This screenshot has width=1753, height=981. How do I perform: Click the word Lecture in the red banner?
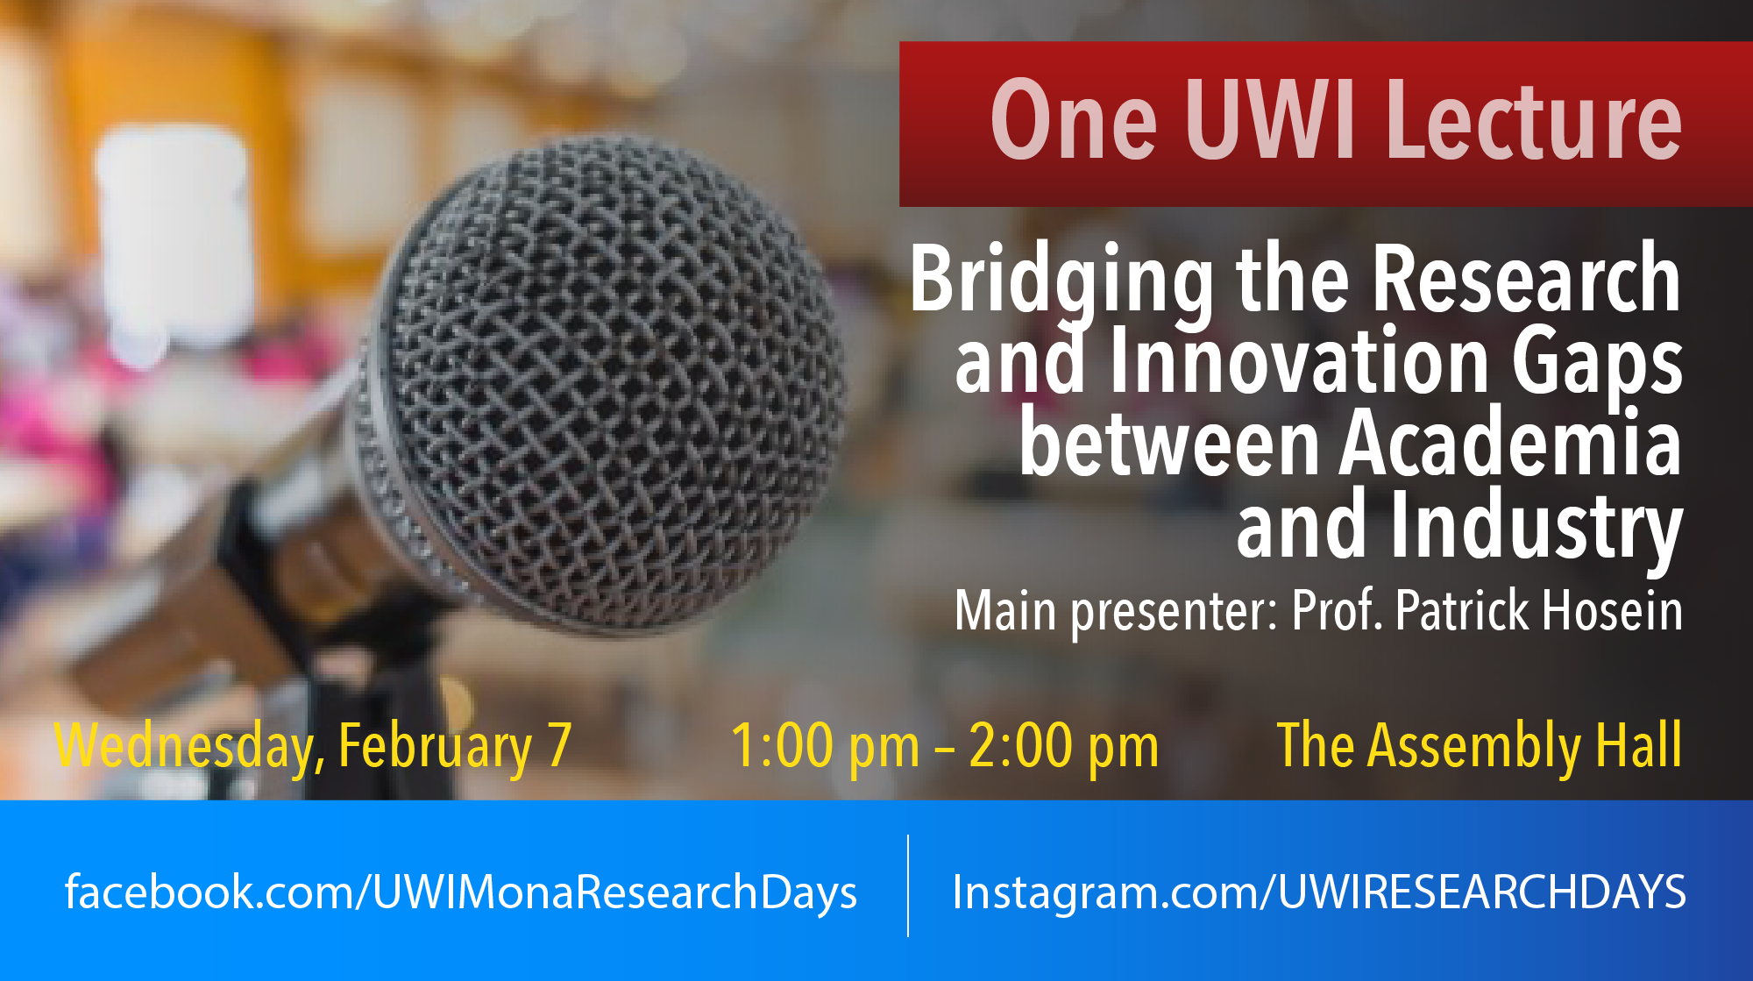(1534, 120)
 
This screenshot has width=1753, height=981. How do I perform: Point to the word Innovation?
(1298, 360)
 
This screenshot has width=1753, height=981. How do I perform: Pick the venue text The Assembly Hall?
(1480, 746)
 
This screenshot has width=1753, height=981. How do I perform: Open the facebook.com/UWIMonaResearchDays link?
(460, 893)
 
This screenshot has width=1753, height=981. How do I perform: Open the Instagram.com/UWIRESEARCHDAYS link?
(1319, 893)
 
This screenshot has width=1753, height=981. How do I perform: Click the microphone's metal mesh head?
(605, 377)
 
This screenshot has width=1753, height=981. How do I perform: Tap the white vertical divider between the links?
(908, 885)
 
